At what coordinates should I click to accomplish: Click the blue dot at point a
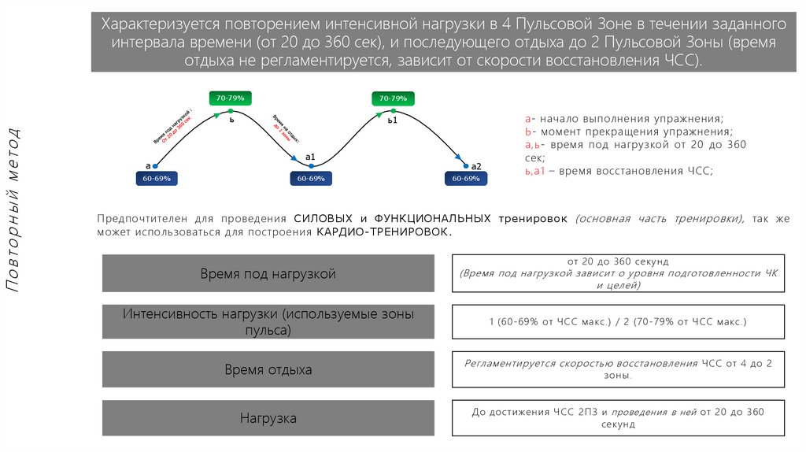click(x=155, y=166)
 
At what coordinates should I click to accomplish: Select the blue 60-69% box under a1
click(x=311, y=179)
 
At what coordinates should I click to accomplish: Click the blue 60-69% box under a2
click(x=466, y=179)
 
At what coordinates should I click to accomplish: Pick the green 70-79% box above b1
click(x=393, y=98)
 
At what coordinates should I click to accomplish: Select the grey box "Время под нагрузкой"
click(x=268, y=274)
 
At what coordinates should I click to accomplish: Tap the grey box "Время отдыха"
click(x=268, y=369)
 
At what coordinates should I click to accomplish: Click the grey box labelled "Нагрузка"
click(x=268, y=418)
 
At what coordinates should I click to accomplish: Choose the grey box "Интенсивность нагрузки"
click(x=268, y=322)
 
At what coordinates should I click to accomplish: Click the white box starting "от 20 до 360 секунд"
click(x=618, y=273)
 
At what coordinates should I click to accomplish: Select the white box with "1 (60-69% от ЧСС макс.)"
click(x=618, y=322)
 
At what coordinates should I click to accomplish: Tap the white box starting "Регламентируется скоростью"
click(x=618, y=369)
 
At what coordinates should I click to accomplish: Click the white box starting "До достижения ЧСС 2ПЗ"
click(x=618, y=418)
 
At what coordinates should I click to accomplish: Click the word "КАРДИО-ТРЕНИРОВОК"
click(x=384, y=233)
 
